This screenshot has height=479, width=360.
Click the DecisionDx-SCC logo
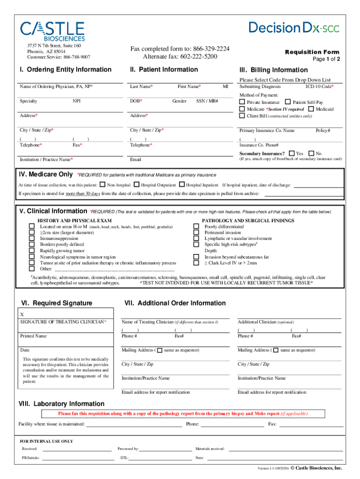pos(294,28)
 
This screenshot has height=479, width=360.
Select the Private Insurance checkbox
pos(242,102)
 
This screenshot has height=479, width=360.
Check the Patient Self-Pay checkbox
pos(288,102)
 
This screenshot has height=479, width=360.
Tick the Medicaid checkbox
pos(311,109)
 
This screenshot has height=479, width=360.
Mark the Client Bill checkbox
pos(242,116)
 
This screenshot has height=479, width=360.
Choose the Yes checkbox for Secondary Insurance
pos(292,153)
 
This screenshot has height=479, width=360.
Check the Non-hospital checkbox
pos(103,185)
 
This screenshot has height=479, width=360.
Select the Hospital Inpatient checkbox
pos(182,185)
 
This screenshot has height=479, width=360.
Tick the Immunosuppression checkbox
pos(32,239)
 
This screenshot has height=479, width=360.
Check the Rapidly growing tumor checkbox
pos(32,251)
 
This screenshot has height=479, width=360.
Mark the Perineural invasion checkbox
pos(196,232)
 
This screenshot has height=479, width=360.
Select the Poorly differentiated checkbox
pos(196,226)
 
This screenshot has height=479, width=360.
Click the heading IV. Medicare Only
pos(45,174)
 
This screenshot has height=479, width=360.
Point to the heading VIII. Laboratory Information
pos(61,404)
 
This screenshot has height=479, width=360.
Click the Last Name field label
pos(141,87)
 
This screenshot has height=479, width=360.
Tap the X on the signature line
pos(22,315)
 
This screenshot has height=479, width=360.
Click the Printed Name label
pos(33,336)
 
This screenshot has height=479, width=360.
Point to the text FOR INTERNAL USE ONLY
pos(46,441)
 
